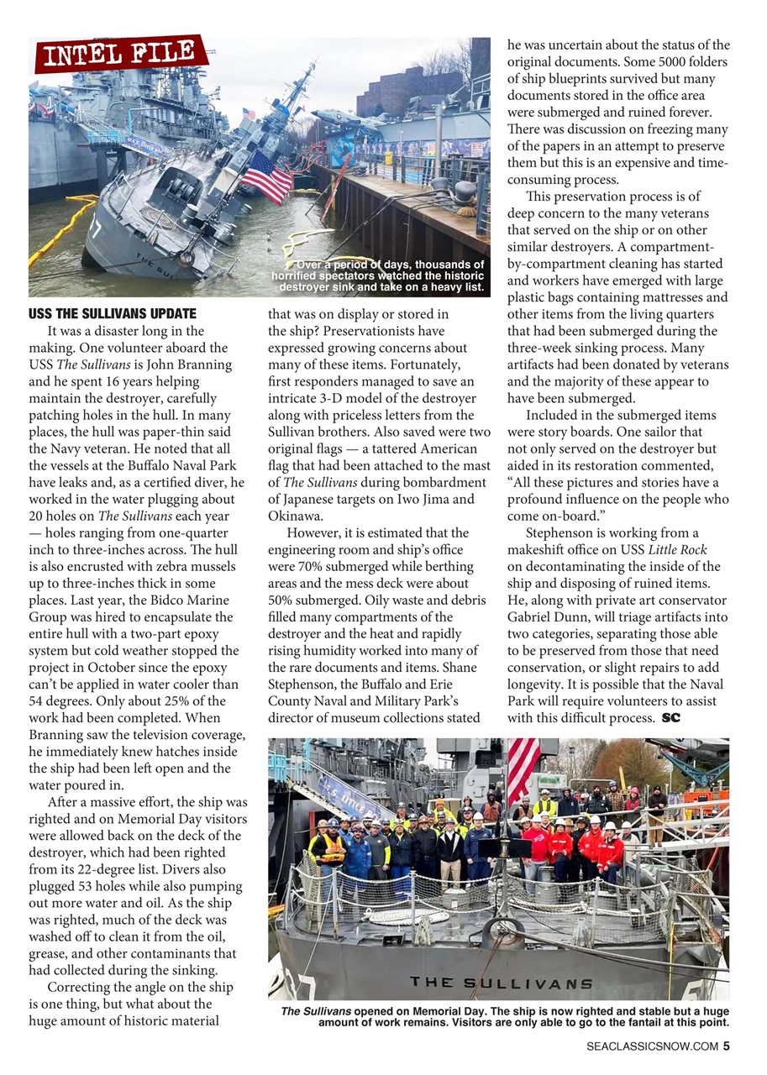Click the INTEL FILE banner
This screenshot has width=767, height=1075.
[x=121, y=55]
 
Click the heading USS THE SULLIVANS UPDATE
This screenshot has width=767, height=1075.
[x=113, y=314]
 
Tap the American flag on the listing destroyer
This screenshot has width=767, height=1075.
[x=266, y=176]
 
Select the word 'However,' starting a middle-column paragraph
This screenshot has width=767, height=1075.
[x=313, y=533]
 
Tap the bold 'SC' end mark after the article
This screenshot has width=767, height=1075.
[x=670, y=717]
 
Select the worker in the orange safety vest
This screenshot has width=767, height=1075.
[x=328, y=847]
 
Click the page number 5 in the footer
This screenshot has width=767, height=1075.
[x=726, y=1046]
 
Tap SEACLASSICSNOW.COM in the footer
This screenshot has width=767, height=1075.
[x=652, y=1046]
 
